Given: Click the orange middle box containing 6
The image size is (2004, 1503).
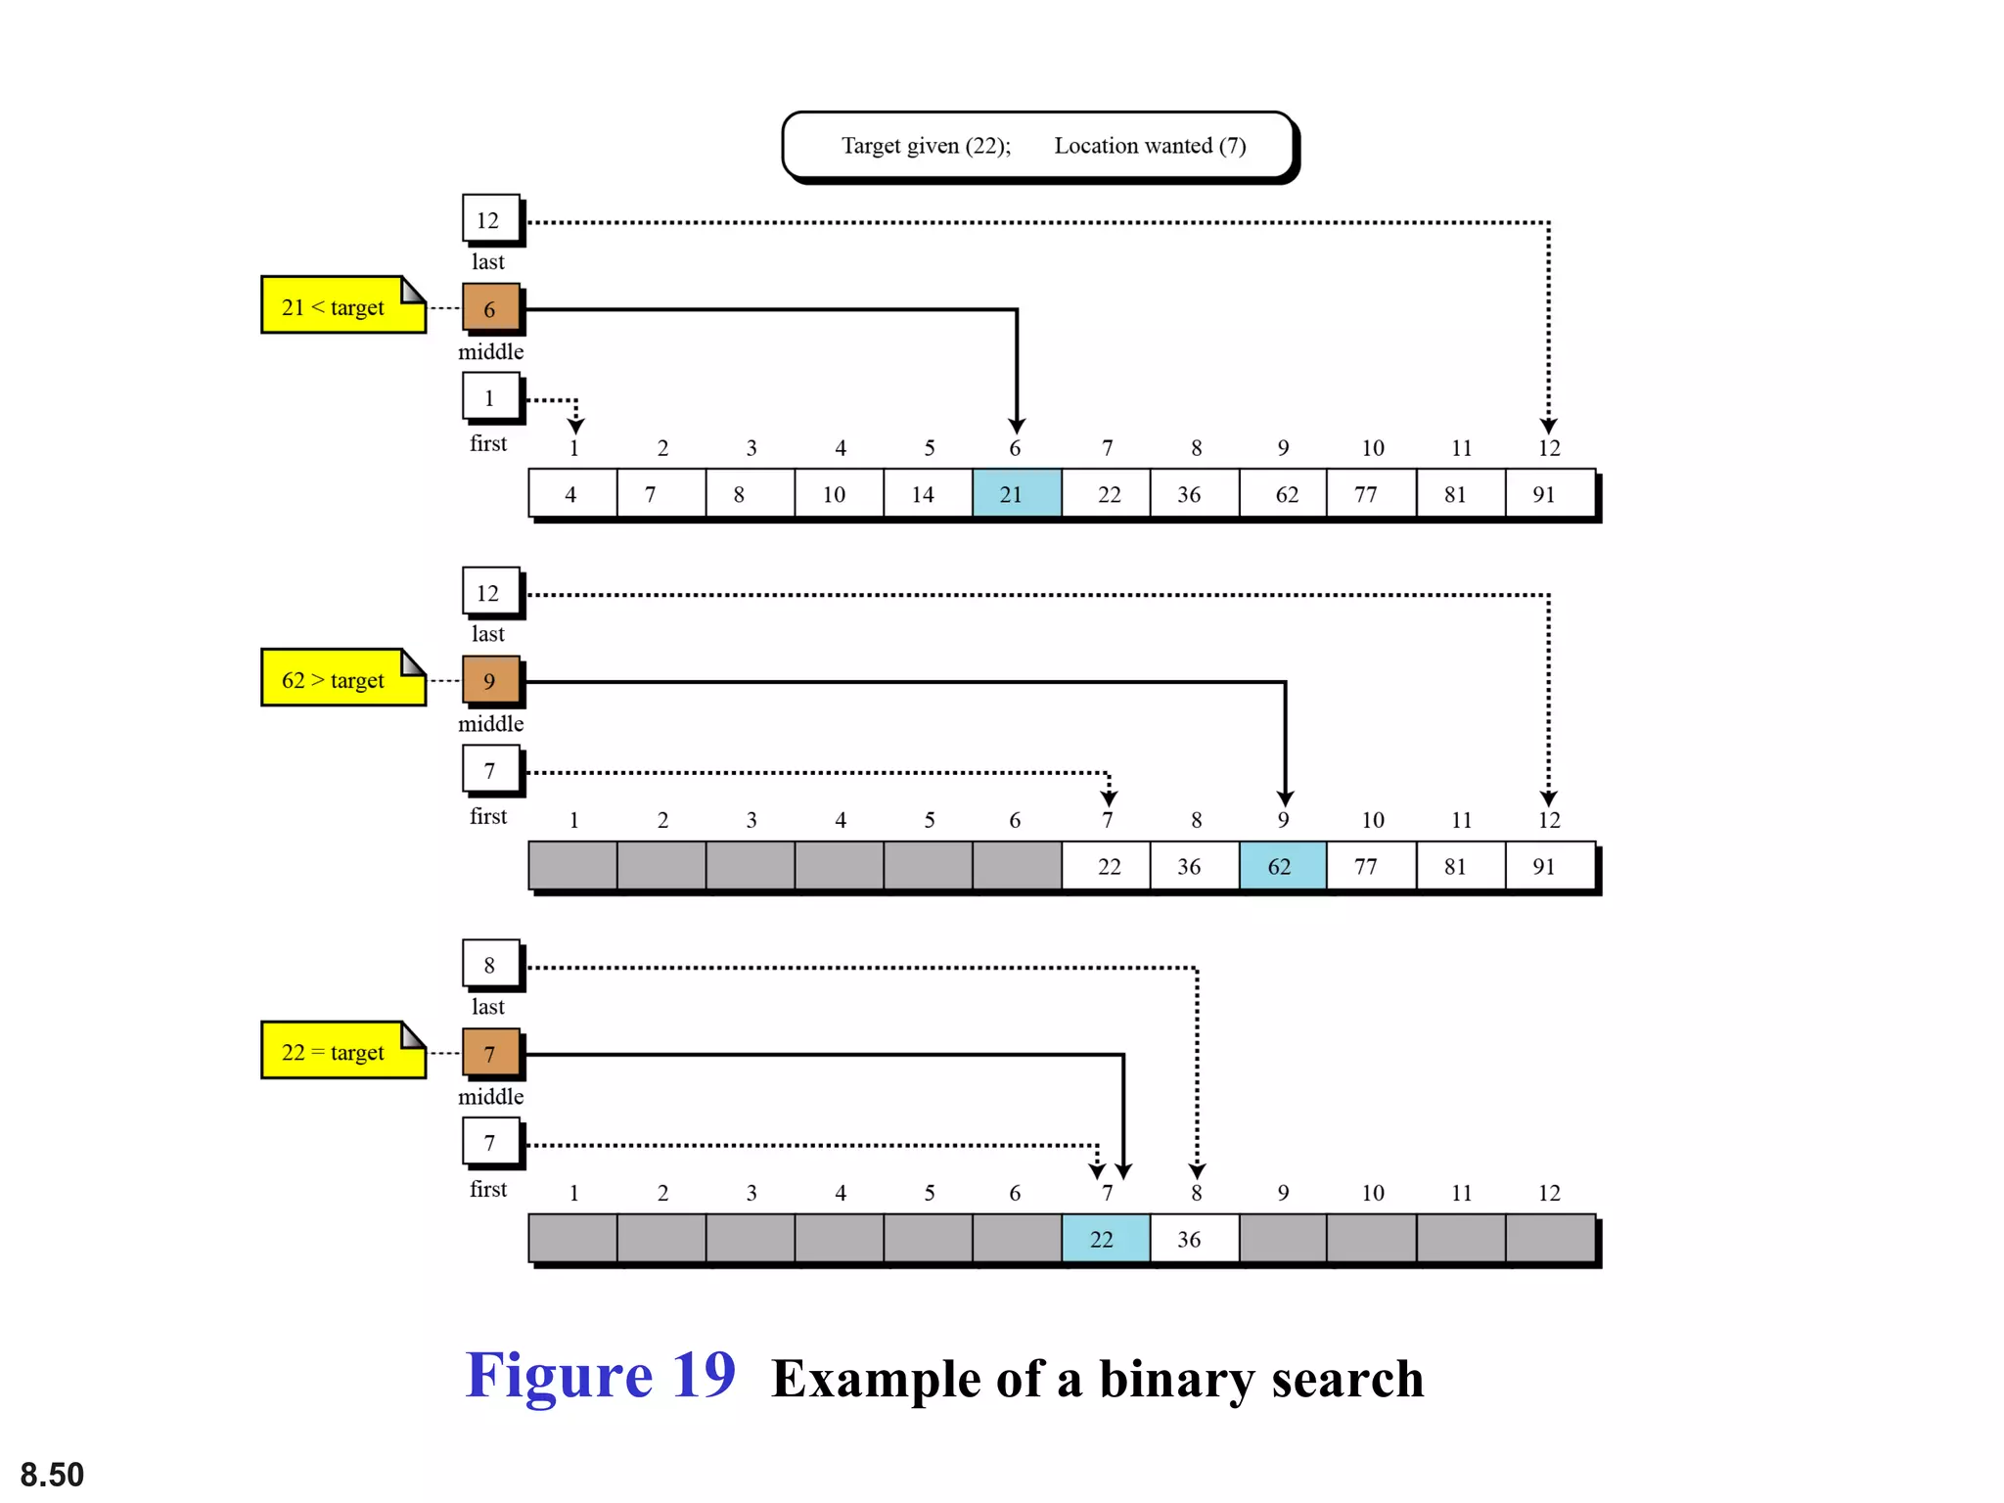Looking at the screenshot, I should point(490,309).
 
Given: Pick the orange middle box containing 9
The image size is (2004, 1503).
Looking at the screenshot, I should point(490,681).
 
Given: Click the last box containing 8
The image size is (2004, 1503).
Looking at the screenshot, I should point(490,965).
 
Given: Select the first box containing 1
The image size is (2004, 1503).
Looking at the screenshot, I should point(490,397).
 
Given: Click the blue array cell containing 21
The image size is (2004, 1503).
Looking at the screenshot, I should point(1016,494).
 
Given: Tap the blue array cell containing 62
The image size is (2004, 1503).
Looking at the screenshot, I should point(1282,866).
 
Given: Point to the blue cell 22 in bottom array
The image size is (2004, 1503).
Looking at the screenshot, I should point(1105,1239).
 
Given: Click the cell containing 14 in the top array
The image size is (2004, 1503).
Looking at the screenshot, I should point(927,494).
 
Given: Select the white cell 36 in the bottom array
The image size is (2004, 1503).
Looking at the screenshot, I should point(1193,1239).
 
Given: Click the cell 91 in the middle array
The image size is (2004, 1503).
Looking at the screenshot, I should point(1548,866).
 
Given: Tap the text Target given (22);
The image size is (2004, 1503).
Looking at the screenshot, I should point(926,146).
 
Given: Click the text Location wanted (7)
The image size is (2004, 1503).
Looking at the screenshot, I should point(1150,146).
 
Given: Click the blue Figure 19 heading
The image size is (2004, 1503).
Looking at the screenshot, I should point(600,1375).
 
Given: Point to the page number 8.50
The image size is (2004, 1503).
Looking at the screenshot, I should point(52,1474).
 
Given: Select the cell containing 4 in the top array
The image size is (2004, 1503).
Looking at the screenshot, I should point(571,494).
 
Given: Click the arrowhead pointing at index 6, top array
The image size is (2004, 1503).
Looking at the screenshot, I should point(1017,426).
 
